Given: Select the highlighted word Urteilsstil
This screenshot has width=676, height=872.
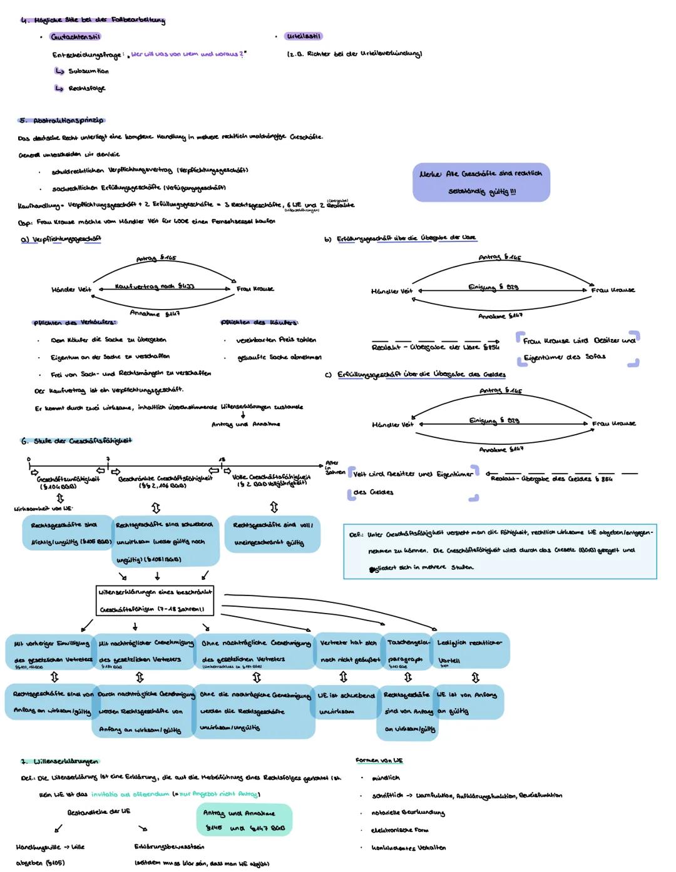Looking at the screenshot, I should pos(304,36).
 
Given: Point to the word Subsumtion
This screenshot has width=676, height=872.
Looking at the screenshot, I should pos(88,71).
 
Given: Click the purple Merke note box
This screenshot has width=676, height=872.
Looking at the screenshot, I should pos(481,182).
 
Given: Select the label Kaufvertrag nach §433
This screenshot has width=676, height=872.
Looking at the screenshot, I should pos(155,286).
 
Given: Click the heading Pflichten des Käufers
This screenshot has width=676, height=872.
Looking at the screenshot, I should pos(259,323).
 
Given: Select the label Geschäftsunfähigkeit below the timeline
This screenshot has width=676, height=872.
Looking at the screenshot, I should pos(68,479).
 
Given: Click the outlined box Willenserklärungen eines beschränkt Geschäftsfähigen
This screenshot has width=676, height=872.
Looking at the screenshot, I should pos(156,600).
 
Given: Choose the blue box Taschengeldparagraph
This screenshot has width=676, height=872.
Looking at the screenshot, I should pos(407,651).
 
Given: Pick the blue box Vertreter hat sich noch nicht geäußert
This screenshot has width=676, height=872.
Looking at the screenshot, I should pos(349,651).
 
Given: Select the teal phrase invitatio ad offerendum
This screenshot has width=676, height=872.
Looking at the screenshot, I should pos(130,794).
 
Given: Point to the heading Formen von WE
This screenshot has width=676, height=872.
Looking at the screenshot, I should pos(379,761).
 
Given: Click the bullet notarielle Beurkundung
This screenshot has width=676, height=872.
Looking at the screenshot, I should pos(407,813).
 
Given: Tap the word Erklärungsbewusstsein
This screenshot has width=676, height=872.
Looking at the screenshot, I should pos(169,847).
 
